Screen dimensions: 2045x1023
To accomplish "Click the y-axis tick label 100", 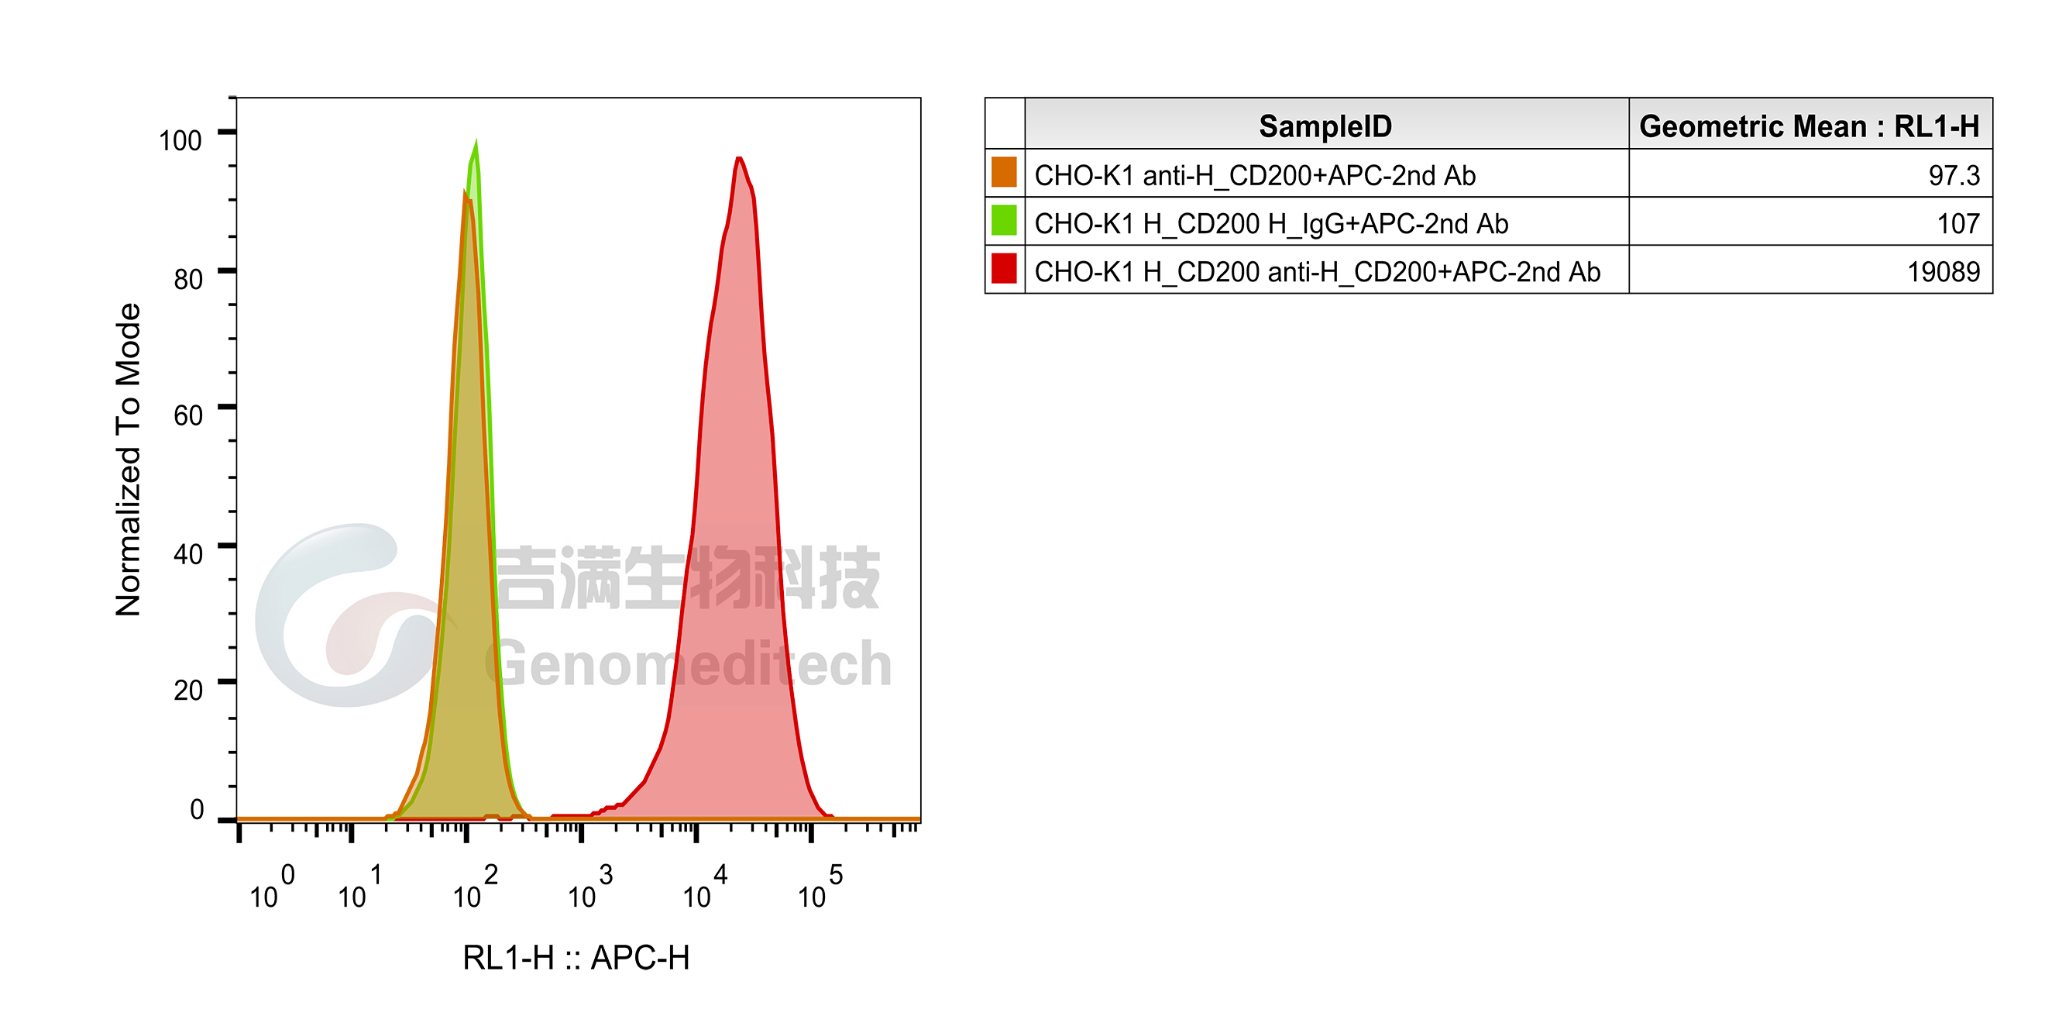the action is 180,140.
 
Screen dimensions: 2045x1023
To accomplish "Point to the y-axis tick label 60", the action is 188,415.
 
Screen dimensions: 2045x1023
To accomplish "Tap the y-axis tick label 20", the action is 188,691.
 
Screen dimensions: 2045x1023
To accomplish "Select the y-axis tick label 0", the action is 197,809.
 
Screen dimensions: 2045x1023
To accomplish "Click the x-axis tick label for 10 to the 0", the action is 273,887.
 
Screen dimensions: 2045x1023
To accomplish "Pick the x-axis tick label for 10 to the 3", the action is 590,887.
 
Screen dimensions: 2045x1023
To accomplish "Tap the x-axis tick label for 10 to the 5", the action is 821,887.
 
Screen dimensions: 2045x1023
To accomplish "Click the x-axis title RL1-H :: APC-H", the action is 576,958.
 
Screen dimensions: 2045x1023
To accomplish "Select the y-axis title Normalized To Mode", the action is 128,460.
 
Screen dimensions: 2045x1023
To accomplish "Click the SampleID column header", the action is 1325,126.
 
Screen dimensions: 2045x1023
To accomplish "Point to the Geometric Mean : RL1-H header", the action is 1810,126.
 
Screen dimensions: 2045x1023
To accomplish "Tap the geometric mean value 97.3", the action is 1954,175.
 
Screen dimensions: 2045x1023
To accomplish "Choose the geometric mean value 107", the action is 1958,224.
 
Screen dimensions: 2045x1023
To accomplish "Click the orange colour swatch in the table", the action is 1004,172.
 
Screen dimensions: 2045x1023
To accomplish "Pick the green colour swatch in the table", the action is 1004,220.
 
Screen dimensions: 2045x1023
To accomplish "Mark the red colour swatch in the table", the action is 1004,268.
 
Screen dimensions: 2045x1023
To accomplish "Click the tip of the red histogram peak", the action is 739,157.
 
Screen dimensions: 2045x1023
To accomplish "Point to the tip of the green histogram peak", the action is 476,141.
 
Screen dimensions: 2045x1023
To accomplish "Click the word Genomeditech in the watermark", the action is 689,664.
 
